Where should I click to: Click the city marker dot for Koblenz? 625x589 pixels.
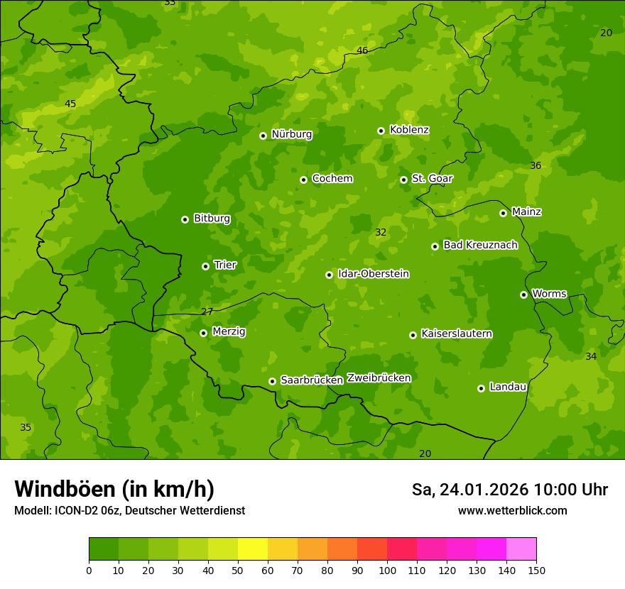point(381,131)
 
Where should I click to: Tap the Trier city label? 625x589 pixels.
point(225,265)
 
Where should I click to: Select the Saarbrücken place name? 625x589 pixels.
point(312,380)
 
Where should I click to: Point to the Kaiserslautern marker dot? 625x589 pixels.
point(413,335)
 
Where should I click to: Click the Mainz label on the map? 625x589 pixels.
point(526,211)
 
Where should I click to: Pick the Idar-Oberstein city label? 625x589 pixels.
point(373,274)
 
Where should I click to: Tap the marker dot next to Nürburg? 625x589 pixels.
point(263,136)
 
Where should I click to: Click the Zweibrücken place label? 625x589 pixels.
point(379,378)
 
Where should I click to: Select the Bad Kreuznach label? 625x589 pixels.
point(480,245)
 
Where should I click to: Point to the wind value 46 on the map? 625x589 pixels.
point(362,50)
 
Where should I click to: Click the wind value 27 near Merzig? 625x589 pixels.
point(207,312)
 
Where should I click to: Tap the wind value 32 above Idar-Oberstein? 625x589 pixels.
point(381,232)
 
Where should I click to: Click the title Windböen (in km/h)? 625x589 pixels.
point(114,489)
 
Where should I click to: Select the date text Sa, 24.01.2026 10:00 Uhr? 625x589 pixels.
point(510,490)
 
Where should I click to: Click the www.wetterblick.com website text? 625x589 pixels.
point(513,511)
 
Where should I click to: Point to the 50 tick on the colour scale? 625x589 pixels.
point(238,570)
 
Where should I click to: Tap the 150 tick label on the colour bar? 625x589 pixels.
point(536,570)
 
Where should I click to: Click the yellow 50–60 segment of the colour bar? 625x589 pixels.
point(253,549)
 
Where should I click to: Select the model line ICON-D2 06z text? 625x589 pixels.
point(129,511)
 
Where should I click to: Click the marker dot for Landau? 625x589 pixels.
point(481,388)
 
